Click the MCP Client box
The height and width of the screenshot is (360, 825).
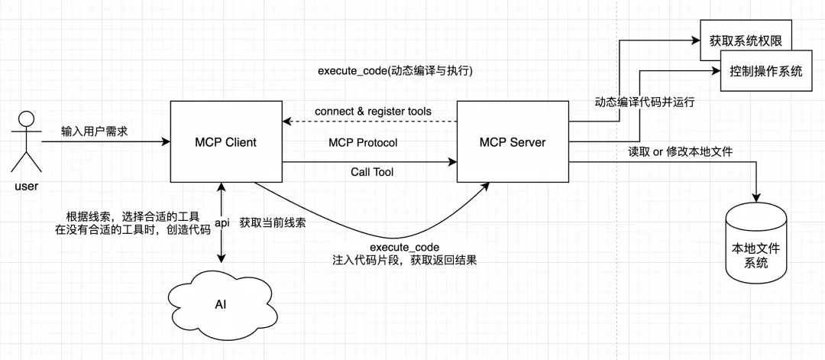[225, 142]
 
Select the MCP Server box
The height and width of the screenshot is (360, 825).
[512, 142]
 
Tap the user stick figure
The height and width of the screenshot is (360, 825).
[27, 142]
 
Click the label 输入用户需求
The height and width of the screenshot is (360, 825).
[95, 131]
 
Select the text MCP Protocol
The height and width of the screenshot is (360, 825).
[363, 143]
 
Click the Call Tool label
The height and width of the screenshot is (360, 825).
[372, 172]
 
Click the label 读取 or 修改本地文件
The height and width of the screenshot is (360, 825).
[680, 152]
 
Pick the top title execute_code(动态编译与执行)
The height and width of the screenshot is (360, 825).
[396, 70]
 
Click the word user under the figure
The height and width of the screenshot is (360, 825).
[26, 186]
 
